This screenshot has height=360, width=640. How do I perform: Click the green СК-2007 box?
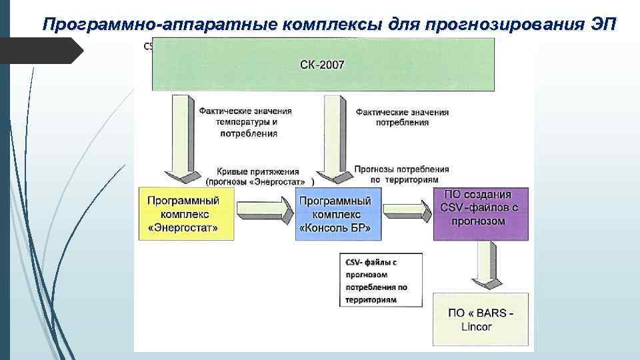click(323, 64)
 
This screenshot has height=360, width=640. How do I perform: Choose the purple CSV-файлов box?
click(481, 214)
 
